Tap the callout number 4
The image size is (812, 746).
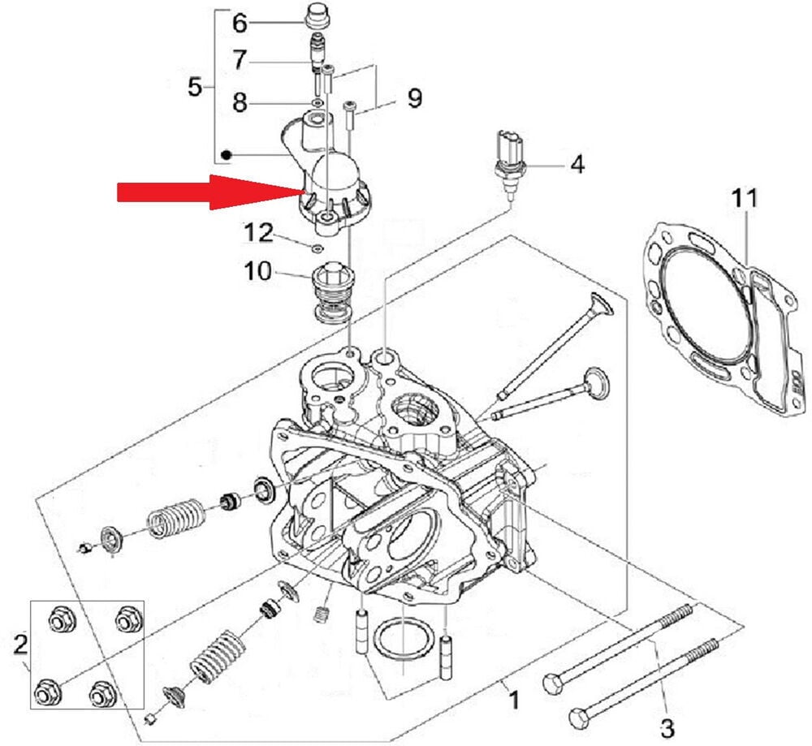coord(577,165)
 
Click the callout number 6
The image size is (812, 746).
coord(240,23)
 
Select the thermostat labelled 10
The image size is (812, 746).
coord(329,296)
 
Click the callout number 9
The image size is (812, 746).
coord(414,99)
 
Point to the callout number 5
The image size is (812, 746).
coord(195,86)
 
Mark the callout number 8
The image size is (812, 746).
coord(240,103)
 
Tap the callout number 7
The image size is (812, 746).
coord(240,61)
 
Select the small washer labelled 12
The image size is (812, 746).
coord(318,246)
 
